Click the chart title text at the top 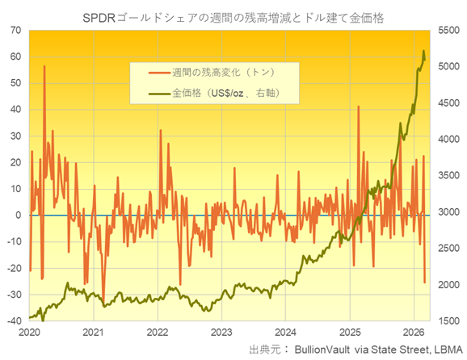coord(234,14)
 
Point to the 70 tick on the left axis coord(15,30)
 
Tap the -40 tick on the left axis coord(14,321)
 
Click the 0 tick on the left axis coord(18,216)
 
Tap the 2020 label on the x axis coord(28,333)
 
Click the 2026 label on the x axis coord(414,333)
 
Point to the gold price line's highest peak coord(424,51)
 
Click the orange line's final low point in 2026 coord(425,283)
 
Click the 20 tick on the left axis coord(15,162)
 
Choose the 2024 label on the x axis coord(285,333)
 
